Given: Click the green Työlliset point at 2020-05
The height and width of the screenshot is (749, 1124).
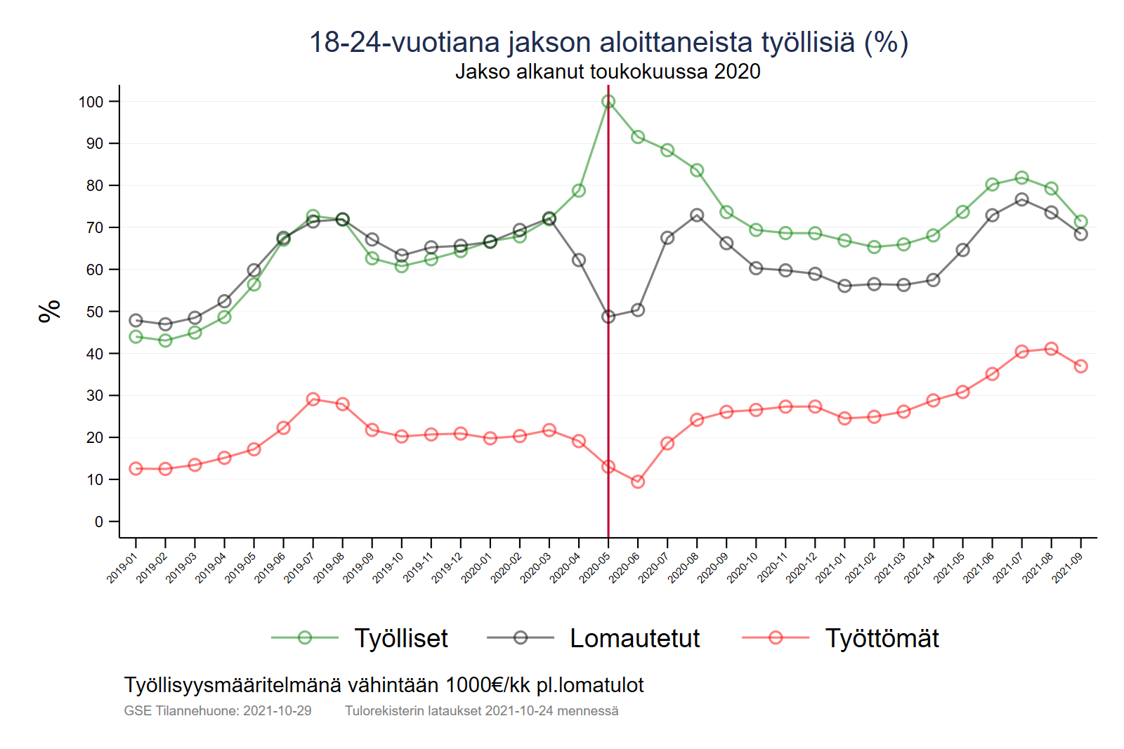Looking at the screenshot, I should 608,102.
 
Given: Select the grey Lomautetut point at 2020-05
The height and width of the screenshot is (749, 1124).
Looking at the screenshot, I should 608,317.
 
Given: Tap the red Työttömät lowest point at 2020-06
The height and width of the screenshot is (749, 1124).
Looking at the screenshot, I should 638,482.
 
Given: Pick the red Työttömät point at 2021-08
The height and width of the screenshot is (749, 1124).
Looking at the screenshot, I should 1052,349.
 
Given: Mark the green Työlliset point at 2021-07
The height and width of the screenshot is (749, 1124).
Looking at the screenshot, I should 1022,178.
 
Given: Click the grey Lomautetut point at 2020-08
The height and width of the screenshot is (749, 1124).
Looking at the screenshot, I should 697,216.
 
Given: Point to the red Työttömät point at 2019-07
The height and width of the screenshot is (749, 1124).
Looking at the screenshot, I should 313,399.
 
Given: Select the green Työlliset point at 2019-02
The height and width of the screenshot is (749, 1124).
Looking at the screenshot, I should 166,340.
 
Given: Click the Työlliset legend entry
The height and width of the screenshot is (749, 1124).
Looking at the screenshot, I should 400,638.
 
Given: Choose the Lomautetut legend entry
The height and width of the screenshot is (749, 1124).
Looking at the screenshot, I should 634,638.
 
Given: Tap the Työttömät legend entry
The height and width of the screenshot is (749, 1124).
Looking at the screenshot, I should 882,638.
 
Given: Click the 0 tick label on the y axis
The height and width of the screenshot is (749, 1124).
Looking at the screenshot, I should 99,522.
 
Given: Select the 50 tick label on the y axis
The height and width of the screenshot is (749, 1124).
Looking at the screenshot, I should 94,312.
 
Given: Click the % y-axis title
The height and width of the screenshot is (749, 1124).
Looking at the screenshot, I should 49,311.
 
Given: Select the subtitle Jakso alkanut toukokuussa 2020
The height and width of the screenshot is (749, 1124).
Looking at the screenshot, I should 608,72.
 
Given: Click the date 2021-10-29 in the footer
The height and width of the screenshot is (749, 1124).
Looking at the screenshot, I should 277,710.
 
